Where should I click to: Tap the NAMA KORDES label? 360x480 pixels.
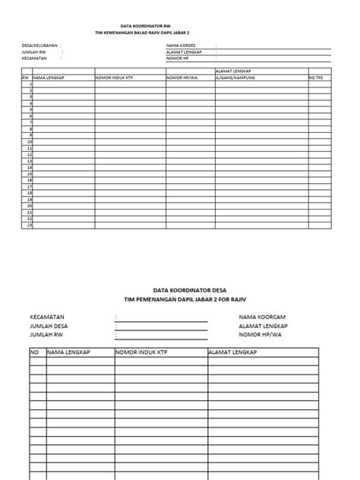pos(181,46)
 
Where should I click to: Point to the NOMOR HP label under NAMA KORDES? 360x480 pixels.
pos(178,58)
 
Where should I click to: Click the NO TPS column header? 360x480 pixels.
pos(316,77)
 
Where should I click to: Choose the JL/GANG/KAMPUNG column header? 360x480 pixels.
pos(235,77)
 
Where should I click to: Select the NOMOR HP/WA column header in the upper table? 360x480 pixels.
pos(182,77)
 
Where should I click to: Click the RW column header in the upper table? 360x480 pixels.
pos(25,77)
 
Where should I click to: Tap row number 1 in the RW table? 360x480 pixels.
pos(30,84)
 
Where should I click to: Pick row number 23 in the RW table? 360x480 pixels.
pos(29,225)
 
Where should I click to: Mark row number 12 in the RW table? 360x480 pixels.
pos(29,154)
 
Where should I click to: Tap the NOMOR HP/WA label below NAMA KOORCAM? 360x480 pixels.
pos(261,333)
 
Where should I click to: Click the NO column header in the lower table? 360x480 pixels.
pos(34,352)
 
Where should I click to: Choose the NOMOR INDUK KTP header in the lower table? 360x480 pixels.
pos(141,352)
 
